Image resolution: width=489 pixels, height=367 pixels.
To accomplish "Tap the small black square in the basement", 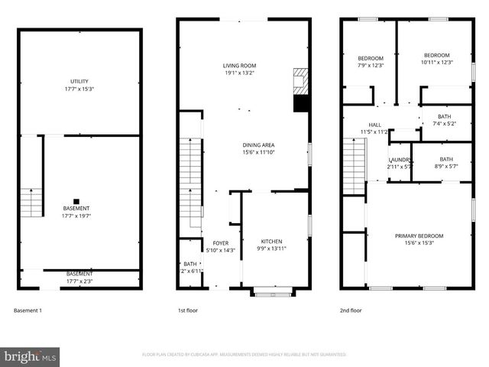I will click(x=76, y=202).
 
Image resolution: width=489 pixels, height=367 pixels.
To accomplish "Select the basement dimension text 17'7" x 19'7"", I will click(x=76, y=216).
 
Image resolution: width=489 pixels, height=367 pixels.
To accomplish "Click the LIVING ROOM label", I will click(x=239, y=66).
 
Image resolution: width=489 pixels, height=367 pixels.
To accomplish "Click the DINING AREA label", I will click(x=258, y=145).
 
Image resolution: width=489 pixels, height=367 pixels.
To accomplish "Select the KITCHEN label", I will click(x=271, y=241).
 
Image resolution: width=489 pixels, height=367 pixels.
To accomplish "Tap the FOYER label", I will click(x=220, y=242).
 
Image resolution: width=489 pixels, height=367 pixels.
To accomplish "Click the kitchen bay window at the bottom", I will click(x=272, y=291).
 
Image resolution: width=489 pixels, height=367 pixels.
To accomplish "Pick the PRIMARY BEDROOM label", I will click(x=418, y=235).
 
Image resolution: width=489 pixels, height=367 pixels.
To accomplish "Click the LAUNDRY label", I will click(x=400, y=159).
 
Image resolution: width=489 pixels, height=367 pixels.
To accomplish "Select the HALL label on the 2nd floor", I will click(x=374, y=125).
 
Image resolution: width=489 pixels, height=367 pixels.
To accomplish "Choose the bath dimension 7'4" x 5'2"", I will click(x=444, y=124).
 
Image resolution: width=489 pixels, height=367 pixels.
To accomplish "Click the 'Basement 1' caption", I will click(x=28, y=310).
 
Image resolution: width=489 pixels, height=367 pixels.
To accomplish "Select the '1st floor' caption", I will click(x=188, y=310).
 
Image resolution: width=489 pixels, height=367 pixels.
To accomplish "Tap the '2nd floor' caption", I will click(x=351, y=310).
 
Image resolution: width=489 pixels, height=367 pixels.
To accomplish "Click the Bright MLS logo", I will click(x=31, y=356).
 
